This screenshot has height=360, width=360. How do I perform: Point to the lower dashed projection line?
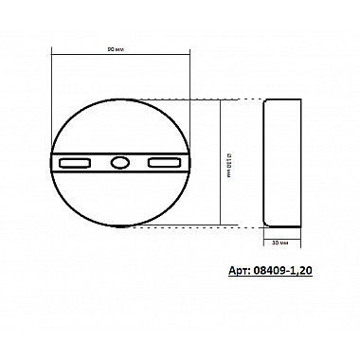click(x=227, y=226)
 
